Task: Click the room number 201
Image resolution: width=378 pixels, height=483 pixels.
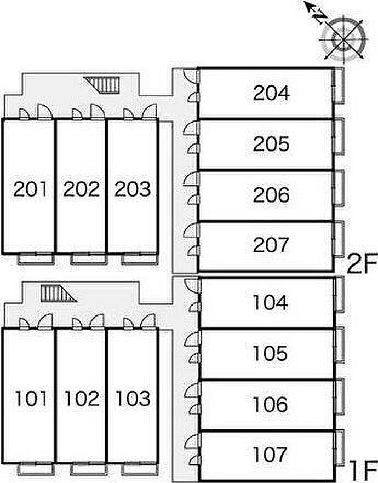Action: tap(31, 189)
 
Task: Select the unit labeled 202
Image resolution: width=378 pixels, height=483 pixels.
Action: tap(82, 189)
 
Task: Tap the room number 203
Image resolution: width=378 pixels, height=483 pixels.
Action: tap(132, 189)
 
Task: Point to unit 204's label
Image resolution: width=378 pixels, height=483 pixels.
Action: tap(271, 93)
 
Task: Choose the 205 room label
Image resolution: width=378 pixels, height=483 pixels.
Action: tap(271, 145)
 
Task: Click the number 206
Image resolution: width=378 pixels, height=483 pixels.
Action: tap(271, 195)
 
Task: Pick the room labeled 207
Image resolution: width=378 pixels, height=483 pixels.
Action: tap(271, 245)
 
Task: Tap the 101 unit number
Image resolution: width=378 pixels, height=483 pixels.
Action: tap(31, 399)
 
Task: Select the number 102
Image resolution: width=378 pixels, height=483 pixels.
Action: tap(82, 399)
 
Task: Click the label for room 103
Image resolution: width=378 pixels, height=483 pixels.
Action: tap(132, 399)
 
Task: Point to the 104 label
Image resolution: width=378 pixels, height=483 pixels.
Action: tap(271, 302)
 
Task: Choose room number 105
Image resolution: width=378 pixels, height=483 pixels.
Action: tap(271, 354)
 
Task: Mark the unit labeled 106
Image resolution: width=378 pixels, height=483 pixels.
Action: tap(271, 404)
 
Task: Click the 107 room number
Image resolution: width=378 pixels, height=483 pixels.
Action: tap(271, 454)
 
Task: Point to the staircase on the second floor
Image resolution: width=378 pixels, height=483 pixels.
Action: tap(104, 84)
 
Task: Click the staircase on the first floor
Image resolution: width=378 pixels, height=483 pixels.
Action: tap(56, 294)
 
